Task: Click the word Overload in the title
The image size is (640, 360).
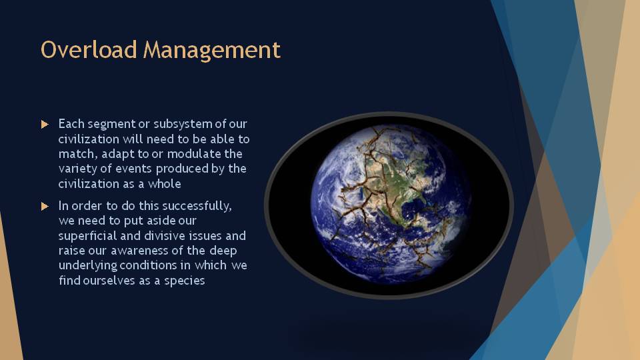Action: pos(89,50)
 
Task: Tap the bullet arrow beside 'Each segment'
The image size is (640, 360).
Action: pos(45,124)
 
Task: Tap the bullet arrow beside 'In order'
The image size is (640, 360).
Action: pos(45,206)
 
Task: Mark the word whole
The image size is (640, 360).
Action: pos(164,184)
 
